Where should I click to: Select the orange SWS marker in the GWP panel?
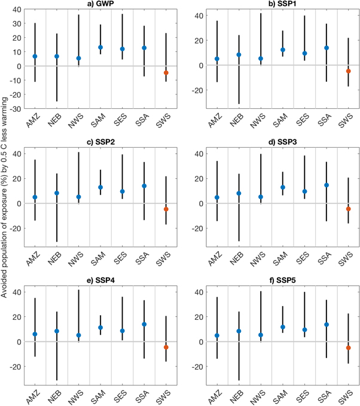[166, 73]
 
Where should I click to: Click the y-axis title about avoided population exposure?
[5, 203]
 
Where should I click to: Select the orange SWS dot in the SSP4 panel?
[166, 347]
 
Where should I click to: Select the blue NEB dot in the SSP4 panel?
[57, 331]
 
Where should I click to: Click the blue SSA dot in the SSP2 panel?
[144, 186]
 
